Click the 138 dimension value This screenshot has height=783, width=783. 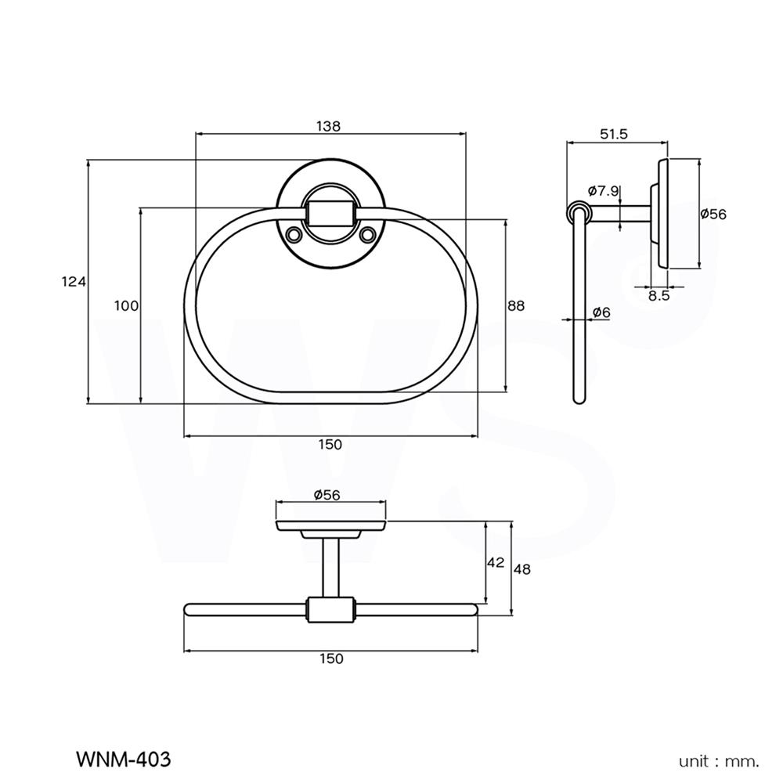click(330, 126)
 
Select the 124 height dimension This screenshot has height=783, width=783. click(74, 283)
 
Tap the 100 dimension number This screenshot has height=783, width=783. click(127, 305)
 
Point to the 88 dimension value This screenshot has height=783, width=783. click(515, 305)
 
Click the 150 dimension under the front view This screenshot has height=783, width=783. click(330, 445)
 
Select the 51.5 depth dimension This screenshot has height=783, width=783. click(614, 134)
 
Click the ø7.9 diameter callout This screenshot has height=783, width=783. click(603, 190)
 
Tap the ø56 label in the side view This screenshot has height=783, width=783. click(713, 214)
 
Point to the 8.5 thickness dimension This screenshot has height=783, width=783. click(659, 296)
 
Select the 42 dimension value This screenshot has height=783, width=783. click(495, 563)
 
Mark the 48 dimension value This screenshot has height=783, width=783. click(521, 569)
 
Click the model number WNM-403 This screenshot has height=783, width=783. click(123, 759)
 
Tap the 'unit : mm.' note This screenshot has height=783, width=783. click(719, 760)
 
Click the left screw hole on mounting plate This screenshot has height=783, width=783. click(294, 233)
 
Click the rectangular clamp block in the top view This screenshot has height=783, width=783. click(330, 608)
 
